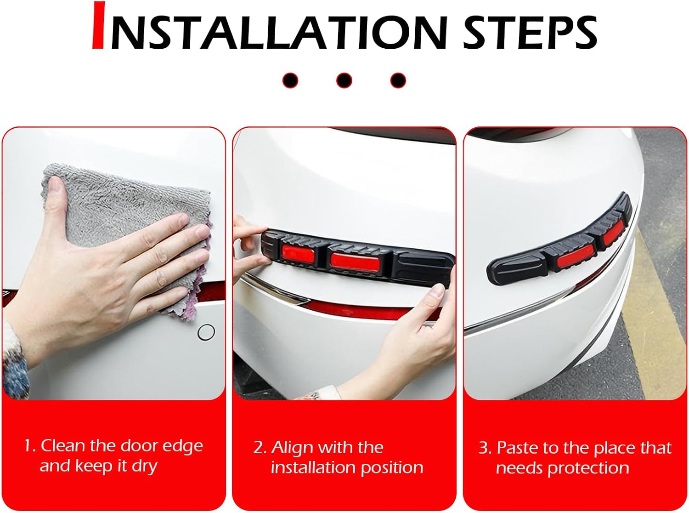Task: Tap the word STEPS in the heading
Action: [x=530, y=32]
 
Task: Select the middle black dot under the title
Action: [x=344, y=80]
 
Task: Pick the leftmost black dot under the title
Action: [x=290, y=80]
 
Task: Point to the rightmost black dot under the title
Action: [x=398, y=80]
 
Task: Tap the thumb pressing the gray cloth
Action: [x=58, y=199]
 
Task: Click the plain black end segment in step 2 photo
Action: [x=423, y=268]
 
